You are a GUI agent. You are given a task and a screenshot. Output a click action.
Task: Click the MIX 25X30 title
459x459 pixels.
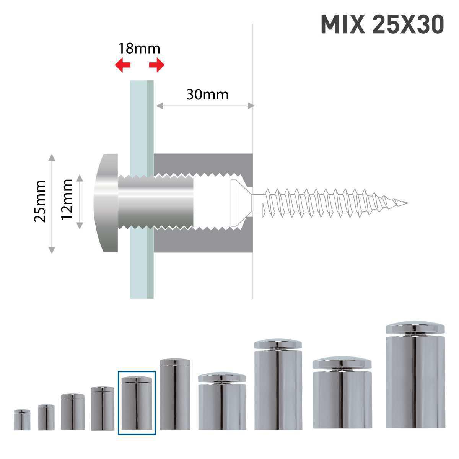pyautogui.click(x=382, y=24)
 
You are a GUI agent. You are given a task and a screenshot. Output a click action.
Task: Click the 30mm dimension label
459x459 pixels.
pyautogui.click(x=207, y=94)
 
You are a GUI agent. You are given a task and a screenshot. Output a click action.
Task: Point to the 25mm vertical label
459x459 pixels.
pyautogui.click(x=40, y=201)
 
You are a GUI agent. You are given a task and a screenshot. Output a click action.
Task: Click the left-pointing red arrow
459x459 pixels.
pyautogui.click(x=123, y=65)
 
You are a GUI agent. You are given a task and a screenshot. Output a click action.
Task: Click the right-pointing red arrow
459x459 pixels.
pyautogui.click(x=156, y=65)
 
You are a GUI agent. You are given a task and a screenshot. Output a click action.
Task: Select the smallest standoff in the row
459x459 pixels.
pyautogui.click(x=22, y=420)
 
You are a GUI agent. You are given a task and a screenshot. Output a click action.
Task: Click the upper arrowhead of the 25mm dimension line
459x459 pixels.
pyautogui.click(x=52, y=157)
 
